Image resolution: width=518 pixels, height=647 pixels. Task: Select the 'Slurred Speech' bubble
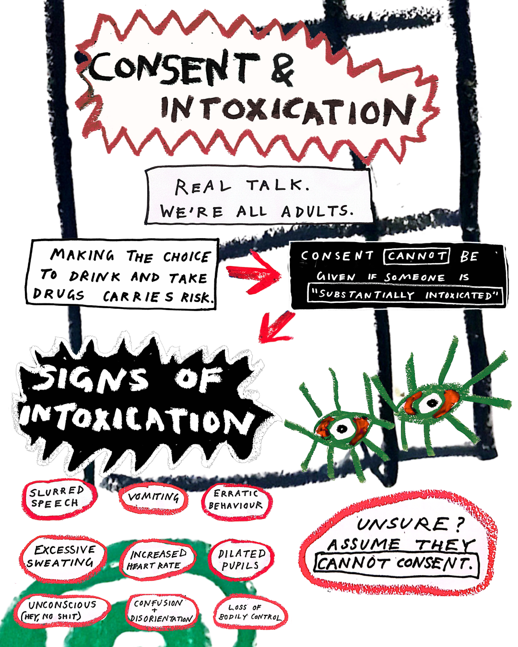(x=59, y=499)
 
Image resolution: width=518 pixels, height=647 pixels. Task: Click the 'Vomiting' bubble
(x=153, y=499)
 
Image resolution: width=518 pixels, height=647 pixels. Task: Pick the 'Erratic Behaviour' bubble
(x=236, y=502)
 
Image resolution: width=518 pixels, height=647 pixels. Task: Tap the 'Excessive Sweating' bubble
(x=63, y=558)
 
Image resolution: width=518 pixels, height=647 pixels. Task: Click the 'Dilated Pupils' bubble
(x=241, y=560)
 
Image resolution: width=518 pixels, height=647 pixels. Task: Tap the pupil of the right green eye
(x=433, y=403)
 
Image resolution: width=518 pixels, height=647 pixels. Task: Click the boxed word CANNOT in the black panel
(x=417, y=256)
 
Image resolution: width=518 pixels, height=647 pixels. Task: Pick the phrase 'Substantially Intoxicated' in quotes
(x=405, y=295)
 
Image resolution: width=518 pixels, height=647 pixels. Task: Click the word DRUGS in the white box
(x=59, y=295)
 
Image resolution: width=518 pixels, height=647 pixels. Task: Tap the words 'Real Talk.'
(x=242, y=186)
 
